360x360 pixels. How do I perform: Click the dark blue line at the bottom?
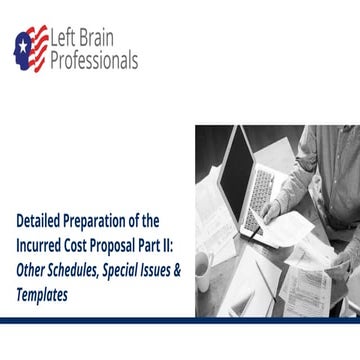point(180,320)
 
